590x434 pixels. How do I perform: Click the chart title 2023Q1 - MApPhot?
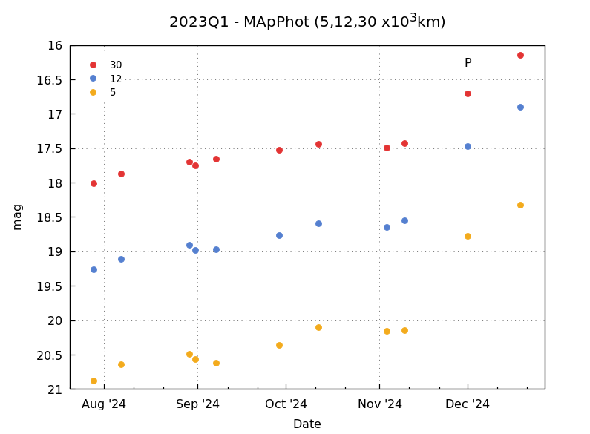pos(307,22)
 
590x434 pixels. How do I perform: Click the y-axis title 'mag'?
pos(17,217)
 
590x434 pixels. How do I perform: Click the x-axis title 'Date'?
pos(307,424)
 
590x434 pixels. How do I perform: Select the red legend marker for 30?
pos(93,65)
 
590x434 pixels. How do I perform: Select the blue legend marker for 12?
pos(93,79)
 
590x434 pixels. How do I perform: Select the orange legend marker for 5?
pos(93,93)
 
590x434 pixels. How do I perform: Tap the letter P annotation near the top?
pos(468,63)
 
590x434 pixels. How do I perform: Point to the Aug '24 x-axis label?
pos(104,404)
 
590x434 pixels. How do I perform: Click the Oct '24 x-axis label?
pos(286,404)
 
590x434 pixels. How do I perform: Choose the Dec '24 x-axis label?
pos(468,404)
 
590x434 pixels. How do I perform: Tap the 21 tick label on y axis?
pos(55,389)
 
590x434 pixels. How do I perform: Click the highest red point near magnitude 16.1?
pos(520,55)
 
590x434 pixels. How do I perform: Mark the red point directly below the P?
pos(468,93)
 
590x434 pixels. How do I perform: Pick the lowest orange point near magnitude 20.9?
pos(94,381)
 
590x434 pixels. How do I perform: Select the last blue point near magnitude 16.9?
pos(520,107)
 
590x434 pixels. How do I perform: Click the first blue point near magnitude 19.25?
pos(94,269)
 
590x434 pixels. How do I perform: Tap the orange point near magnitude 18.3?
pos(520,205)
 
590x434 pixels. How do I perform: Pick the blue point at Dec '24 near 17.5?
pos(468,146)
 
